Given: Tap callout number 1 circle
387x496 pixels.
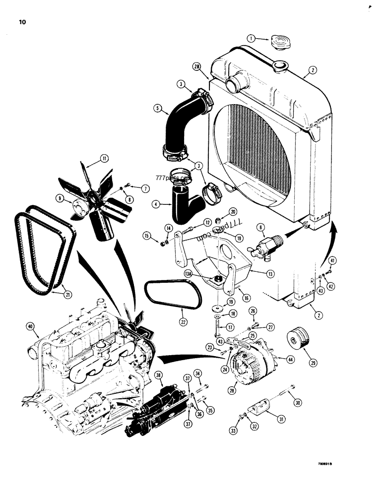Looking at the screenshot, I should (x=251, y=38).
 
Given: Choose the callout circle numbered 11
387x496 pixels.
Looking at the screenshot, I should (x=105, y=158).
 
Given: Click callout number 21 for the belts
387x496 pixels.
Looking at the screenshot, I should (x=67, y=294).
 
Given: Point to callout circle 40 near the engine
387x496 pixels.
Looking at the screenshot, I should (x=31, y=326).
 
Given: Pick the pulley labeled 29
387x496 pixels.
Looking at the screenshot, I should (x=296, y=342).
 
